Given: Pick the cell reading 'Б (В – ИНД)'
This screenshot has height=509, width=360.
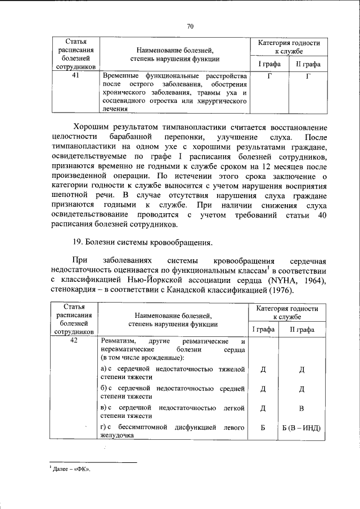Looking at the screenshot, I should point(301,428).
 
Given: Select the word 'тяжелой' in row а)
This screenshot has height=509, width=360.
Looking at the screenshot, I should point(231,370).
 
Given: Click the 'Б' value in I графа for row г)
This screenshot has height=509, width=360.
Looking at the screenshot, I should point(263,428).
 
